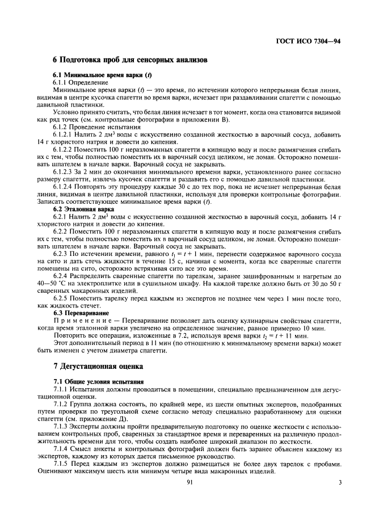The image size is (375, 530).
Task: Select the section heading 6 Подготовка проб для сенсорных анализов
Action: (129, 59)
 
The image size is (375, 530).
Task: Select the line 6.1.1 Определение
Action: (77, 82)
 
